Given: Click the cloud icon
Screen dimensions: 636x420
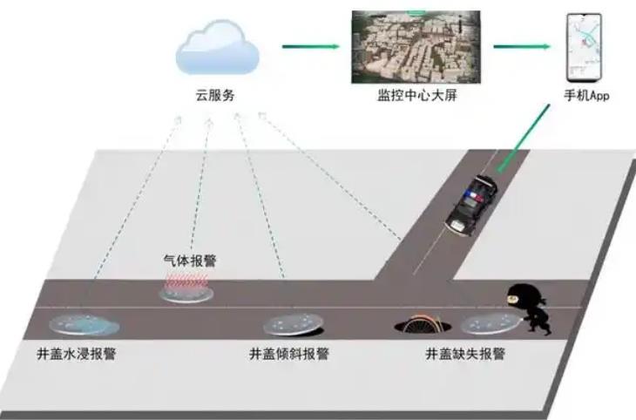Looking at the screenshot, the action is pyautogui.click(x=217, y=48).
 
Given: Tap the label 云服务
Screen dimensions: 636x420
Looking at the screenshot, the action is pyautogui.click(x=215, y=96).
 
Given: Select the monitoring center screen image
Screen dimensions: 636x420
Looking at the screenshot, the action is pyautogui.click(x=416, y=47).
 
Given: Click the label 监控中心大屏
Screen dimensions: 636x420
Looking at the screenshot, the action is pyautogui.click(x=417, y=95).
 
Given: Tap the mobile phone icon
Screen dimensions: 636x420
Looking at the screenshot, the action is pyautogui.click(x=584, y=47).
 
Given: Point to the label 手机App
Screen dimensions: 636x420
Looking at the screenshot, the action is pyautogui.click(x=586, y=96).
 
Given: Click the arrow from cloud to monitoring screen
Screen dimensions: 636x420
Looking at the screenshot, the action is pyautogui.click(x=311, y=47).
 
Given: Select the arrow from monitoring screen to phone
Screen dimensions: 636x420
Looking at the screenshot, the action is pyautogui.click(x=522, y=47).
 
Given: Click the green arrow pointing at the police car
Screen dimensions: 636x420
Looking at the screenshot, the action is pyautogui.click(x=524, y=138).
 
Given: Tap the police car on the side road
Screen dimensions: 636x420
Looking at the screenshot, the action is pyautogui.click(x=471, y=205).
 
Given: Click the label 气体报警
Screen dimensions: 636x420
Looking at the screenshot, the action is pyautogui.click(x=190, y=261).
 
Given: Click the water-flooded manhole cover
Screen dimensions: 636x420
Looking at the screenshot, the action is pyautogui.click(x=84, y=325).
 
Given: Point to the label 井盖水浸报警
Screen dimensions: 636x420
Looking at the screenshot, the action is pyautogui.click(x=77, y=354).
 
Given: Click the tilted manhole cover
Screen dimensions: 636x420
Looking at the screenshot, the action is pyautogui.click(x=294, y=325).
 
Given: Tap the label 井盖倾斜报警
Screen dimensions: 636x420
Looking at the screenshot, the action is pyautogui.click(x=288, y=354).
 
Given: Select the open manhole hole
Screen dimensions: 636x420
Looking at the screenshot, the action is pyautogui.click(x=423, y=325).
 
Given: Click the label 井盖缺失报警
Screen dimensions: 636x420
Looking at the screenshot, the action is pyautogui.click(x=465, y=354).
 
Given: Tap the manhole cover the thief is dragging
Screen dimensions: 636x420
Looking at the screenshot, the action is pyautogui.click(x=491, y=323).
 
